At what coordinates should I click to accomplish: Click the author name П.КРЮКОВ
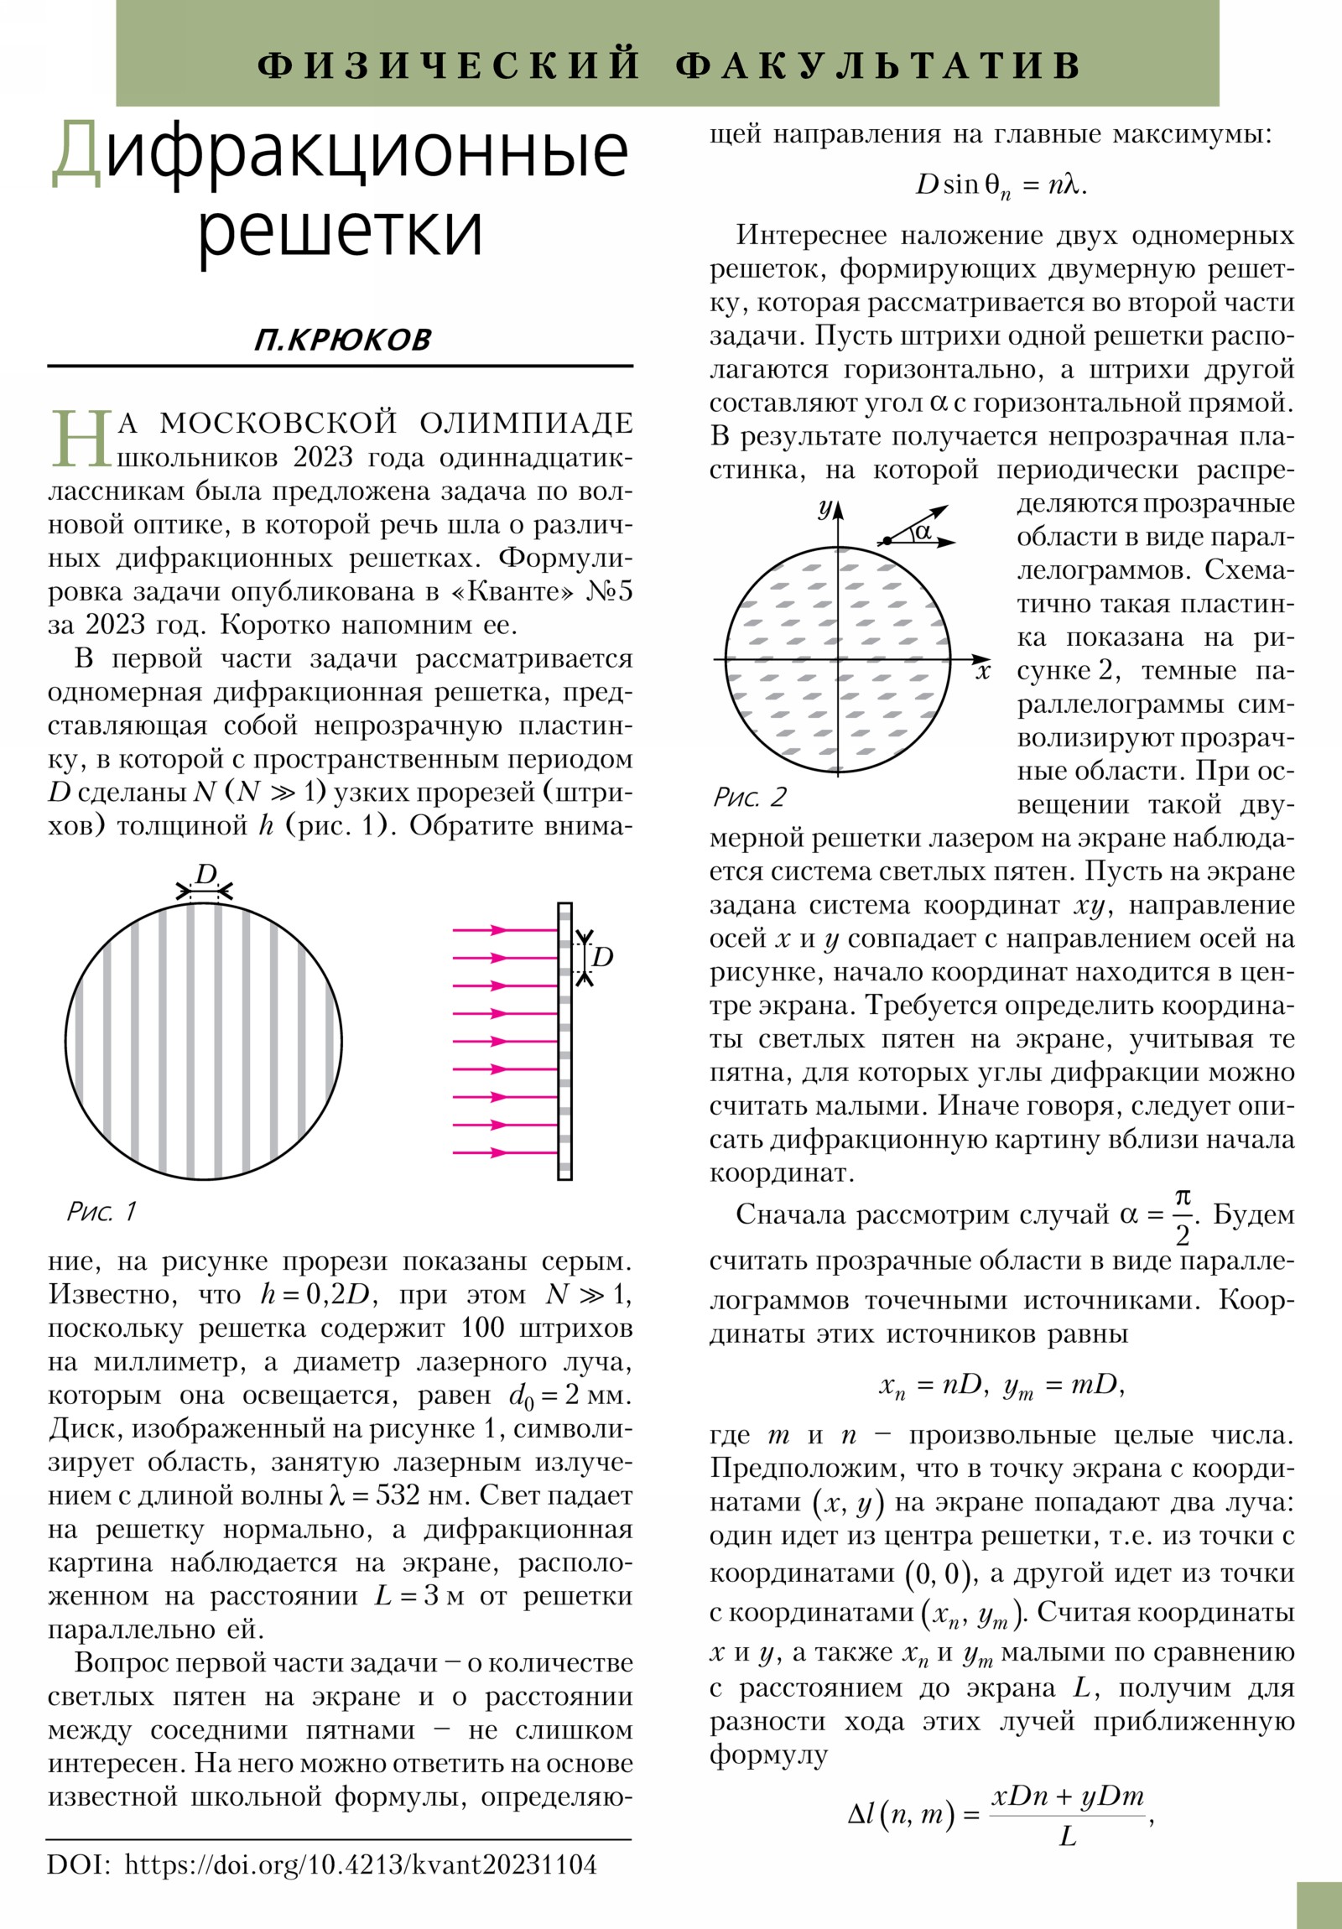(342, 340)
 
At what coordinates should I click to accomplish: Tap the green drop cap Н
(81, 439)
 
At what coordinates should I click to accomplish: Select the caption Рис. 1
(101, 1212)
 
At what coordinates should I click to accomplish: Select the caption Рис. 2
(750, 797)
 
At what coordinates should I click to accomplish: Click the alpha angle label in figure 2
(923, 531)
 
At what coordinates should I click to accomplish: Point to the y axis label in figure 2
(825, 507)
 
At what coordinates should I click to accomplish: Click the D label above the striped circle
(205, 875)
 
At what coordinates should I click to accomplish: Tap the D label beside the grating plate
(602, 956)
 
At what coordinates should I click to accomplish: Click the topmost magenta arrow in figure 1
(504, 930)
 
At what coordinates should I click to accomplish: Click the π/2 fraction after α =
(1183, 1217)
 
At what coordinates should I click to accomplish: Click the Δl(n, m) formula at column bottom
(1000, 1817)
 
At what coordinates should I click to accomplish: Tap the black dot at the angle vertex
(887, 540)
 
